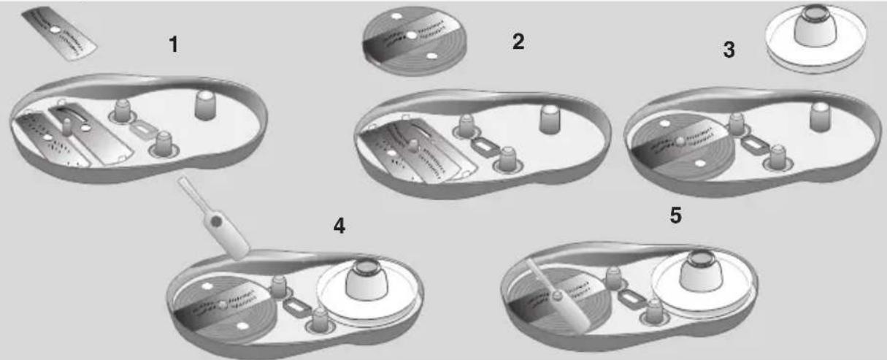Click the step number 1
174,45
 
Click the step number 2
518,42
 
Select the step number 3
729,50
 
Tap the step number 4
339,226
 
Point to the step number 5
675,215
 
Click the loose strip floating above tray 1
59,34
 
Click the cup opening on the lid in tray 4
366,268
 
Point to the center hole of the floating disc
412,36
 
